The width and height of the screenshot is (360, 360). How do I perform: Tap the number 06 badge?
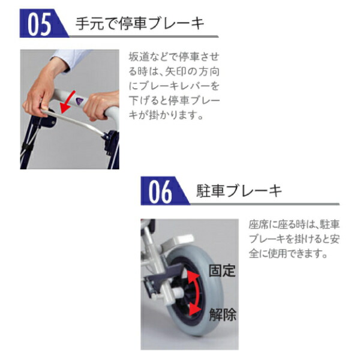(x=161, y=191)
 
